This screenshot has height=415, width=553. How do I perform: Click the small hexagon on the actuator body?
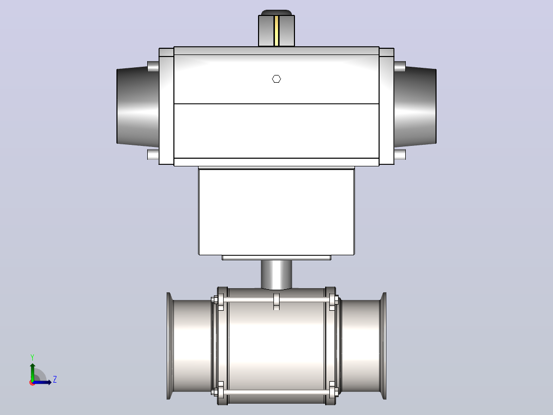[x=276, y=79]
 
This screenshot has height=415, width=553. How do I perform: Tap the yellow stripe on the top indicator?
[x=276, y=30]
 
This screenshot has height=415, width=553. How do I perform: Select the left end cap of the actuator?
[x=137, y=106]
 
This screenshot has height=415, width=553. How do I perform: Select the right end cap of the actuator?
[x=415, y=106]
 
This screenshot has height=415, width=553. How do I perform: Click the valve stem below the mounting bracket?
[x=276, y=275]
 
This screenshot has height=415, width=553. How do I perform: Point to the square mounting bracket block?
[x=276, y=212]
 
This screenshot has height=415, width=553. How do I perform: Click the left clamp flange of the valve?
[x=170, y=346]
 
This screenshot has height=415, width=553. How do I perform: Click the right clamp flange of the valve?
[x=383, y=346]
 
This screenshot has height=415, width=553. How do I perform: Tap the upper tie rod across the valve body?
[x=276, y=300]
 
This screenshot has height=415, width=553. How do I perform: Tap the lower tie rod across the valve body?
[x=276, y=392]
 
